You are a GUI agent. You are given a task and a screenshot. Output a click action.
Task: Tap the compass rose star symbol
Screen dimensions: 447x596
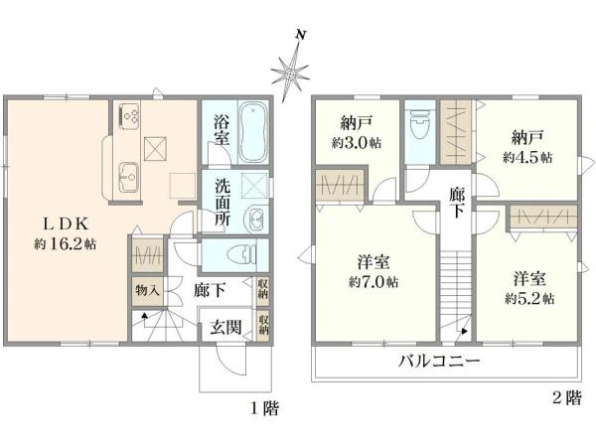291,73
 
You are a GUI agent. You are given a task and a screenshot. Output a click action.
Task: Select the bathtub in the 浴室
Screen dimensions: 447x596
248,133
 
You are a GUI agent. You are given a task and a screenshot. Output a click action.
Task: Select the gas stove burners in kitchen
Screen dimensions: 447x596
130,117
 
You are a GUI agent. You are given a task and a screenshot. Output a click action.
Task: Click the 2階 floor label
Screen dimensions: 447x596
564,398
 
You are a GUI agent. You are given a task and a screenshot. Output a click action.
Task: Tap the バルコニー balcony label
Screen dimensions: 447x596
440,361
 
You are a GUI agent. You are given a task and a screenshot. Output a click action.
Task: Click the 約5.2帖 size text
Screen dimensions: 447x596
528,297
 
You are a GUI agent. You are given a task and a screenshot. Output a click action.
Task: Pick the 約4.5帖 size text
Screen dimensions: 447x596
527,157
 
